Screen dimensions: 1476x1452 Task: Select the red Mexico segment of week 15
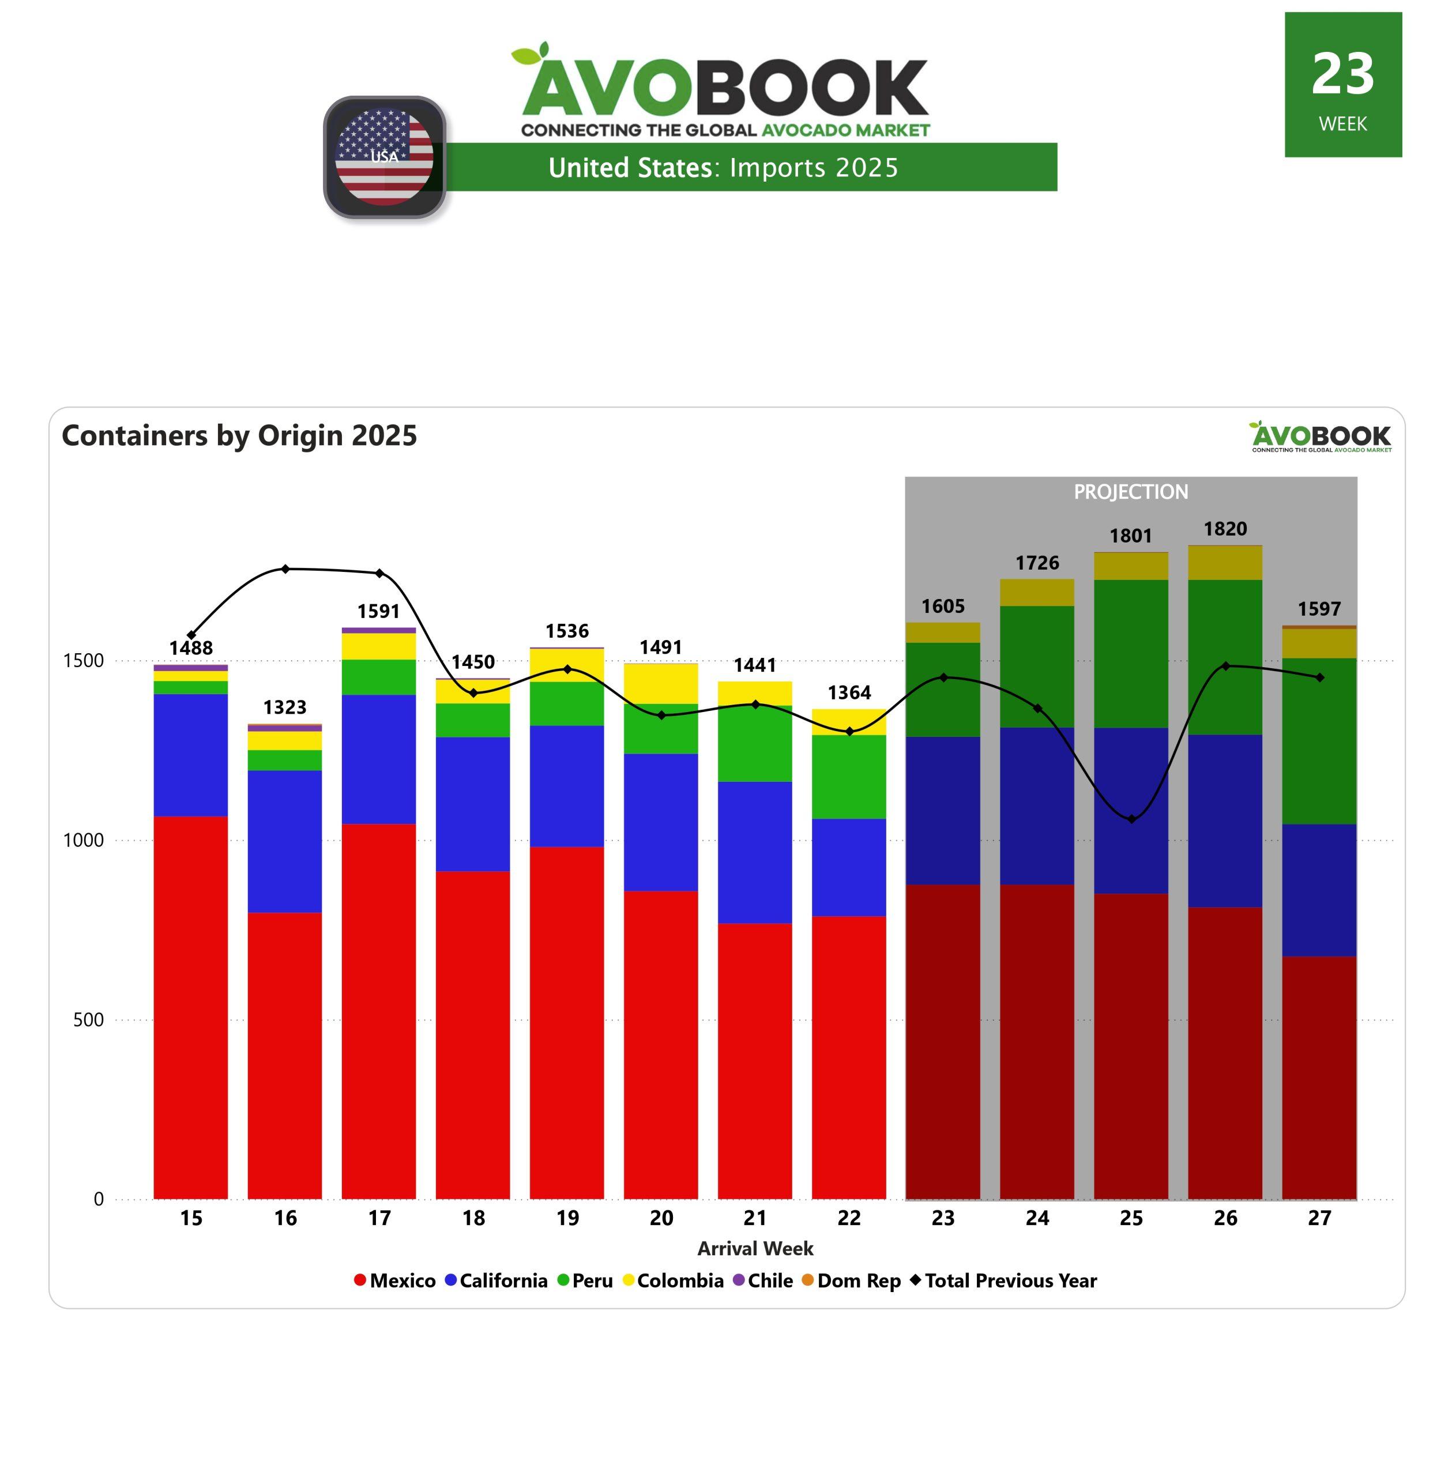point(191,1006)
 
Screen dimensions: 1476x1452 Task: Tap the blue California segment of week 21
point(754,852)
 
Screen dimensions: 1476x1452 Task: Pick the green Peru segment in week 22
point(849,776)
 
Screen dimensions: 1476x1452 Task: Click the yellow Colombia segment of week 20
point(660,684)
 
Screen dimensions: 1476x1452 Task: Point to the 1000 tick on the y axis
point(84,840)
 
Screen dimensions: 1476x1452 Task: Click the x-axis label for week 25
point(1131,1218)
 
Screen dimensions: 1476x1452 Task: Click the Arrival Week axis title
point(755,1249)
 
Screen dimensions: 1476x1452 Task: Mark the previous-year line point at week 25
point(1131,819)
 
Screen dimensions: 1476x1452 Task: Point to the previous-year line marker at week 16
point(285,568)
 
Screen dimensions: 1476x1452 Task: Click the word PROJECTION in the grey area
point(1131,492)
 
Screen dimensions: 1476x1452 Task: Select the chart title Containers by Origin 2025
point(239,435)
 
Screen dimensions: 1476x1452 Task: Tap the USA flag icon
point(385,157)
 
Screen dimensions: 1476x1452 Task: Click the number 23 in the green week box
point(1342,75)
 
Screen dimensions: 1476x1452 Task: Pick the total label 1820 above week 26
point(1225,529)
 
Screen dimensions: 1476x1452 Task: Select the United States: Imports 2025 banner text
point(723,168)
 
